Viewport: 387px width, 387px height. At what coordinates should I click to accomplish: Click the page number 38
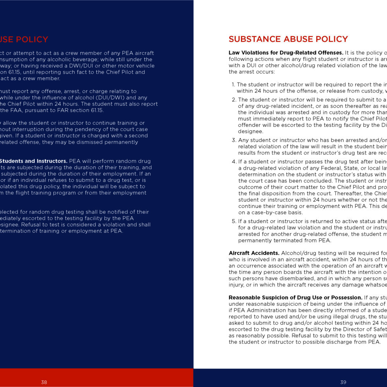click(x=44, y=382)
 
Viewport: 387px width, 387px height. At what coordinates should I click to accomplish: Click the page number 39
click(x=343, y=382)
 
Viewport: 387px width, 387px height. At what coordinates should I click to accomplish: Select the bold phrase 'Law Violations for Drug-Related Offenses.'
click(x=286, y=53)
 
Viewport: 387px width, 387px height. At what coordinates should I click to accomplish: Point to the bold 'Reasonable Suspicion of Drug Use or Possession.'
click(x=295, y=298)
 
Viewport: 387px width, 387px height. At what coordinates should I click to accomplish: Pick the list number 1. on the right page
click(x=234, y=84)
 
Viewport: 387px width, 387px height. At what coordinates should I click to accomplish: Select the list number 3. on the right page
click(x=234, y=140)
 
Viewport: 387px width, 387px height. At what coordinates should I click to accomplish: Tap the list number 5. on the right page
click(x=234, y=221)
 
